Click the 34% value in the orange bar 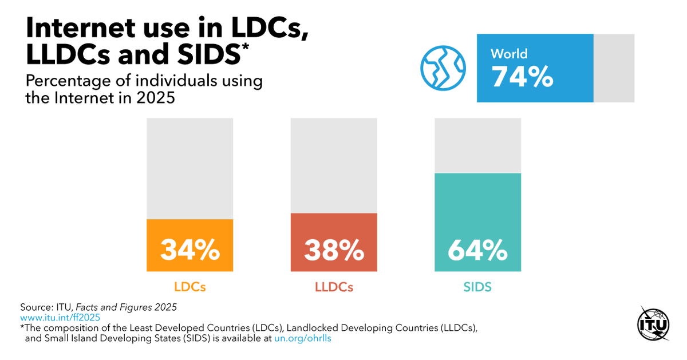pos(189,250)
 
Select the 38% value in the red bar pos(334,250)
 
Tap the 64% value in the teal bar pos(477,250)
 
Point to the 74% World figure pos(522,77)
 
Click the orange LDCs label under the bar pos(189,287)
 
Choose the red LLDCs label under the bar pos(334,287)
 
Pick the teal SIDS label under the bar pos(477,287)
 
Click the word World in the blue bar pos(509,54)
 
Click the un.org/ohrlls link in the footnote pos(303,338)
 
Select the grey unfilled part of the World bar pos(614,68)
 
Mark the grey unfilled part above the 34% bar pos(189,168)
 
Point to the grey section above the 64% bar pos(477,145)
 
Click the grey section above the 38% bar pos(334,165)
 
